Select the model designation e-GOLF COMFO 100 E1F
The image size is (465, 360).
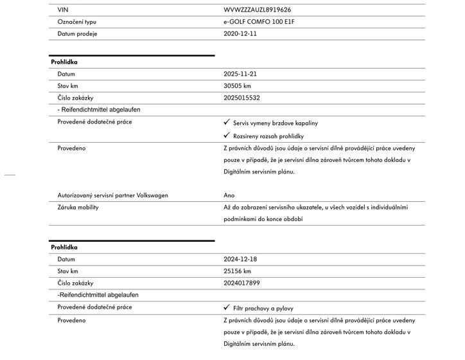pyautogui.click(x=263, y=22)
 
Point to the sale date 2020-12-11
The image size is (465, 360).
pyautogui.click(x=240, y=33)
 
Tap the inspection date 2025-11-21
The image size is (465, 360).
pyautogui.click(x=240, y=74)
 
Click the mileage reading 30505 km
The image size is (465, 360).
pyautogui.click(x=237, y=86)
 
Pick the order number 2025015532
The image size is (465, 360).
pyautogui.click(x=241, y=98)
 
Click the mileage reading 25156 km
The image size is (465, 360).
pyautogui.click(x=237, y=271)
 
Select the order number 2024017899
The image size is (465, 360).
pyautogui.click(x=241, y=283)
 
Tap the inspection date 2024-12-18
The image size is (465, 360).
pyautogui.click(x=240, y=259)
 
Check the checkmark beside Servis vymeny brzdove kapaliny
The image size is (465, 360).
pyautogui.click(x=227, y=122)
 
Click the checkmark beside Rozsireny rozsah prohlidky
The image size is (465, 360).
pyautogui.click(x=227, y=136)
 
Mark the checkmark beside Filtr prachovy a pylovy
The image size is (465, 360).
pyautogui.click(x=227, y=308)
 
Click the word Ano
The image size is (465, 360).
pyautogui.click(x=229, y=195)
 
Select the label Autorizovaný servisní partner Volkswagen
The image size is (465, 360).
pyautogui.click(x=112, y=195)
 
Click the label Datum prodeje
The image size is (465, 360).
pyautogui.click(x=77, y=33)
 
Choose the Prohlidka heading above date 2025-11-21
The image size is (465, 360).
pyautogui.click(x=64, y=62)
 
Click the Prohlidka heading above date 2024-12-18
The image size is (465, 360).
pyautogui.click(x=64, y=248)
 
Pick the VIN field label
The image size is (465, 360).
pyautogui.click(x=62, y=10)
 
